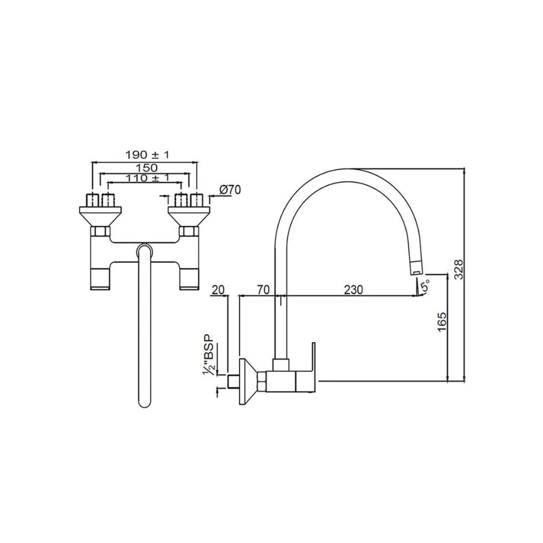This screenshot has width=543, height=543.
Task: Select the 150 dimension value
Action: [146, 167]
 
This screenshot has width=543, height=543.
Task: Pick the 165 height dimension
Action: [442, 322]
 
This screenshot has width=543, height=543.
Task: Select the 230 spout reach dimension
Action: [353, 290]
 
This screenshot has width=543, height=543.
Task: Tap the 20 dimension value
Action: [219, 290]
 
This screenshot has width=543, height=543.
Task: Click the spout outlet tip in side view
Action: [417, 269]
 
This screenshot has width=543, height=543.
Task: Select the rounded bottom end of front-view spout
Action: [145, 402]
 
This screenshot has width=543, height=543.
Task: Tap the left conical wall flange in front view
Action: [101, 216]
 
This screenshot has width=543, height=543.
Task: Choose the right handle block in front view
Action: [190, 279]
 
